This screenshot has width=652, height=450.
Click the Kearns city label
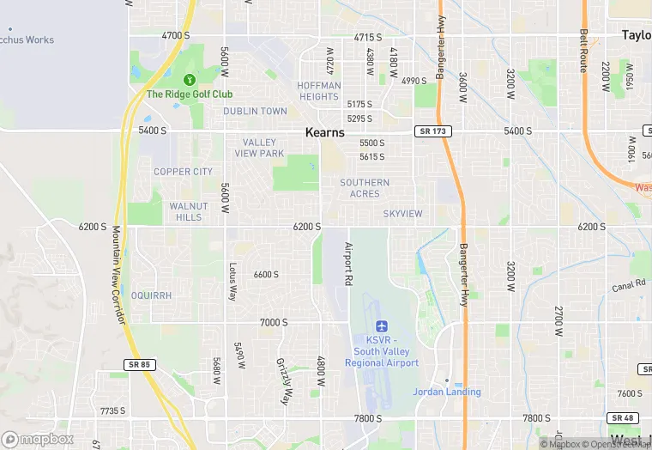click(x=325, y=133)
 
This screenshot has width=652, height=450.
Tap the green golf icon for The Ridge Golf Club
click(x=190, y=81)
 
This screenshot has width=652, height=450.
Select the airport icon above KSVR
click(x=382, y=327)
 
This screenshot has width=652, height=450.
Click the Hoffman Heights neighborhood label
click(x=318, y=91)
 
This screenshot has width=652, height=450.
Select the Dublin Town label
click(x=255, y=112)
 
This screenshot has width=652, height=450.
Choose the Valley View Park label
click(x=259, y=148)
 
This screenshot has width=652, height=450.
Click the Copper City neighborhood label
click(x=183, y=172)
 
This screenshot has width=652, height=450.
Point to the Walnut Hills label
click(x=185, y=211)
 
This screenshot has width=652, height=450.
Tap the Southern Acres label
click(x=365, y=188)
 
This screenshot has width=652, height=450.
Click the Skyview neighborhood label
click(x=402, y=214)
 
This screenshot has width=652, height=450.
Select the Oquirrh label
click(x=153, y=295)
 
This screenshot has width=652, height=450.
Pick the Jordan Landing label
click(x=447, y=392)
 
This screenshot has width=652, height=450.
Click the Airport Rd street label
click(x=349, y=264)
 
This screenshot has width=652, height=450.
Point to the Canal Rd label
click(x=628, y=284)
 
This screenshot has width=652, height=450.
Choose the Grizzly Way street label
click(x=284, y=381)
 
